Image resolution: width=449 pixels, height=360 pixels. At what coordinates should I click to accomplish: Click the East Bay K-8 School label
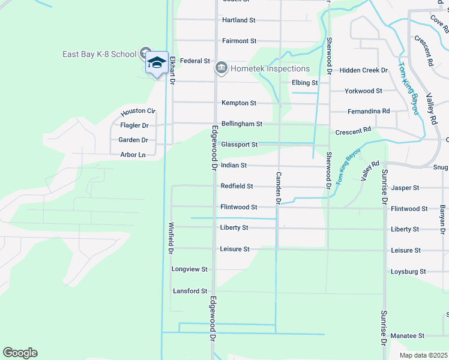pos(100,54)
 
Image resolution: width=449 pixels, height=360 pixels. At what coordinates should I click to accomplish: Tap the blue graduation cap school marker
pos(157,62)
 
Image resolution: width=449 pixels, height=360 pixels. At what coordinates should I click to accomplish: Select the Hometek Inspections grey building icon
pos(221,68)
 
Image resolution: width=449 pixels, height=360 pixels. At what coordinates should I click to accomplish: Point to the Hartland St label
pos(239,20)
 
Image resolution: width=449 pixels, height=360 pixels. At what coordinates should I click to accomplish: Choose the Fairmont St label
pos(239,41)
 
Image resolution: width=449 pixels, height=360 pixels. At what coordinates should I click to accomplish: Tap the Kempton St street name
pos(239,103)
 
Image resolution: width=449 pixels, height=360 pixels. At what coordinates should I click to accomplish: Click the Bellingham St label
pos(242,124)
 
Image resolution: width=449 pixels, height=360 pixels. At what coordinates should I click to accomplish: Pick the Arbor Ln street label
pos(133,155)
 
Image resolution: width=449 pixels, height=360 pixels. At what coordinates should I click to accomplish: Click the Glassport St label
pos(239,145)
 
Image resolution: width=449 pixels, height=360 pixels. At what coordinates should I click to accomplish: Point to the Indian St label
pos(234,165)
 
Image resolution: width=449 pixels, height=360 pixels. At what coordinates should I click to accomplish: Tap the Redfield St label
pos(237,187)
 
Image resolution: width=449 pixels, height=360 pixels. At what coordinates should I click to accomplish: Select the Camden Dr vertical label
pos(279,188)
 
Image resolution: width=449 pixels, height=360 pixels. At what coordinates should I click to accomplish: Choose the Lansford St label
pos(190,291)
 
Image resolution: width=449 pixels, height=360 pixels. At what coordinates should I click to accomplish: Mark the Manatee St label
pos(408,335)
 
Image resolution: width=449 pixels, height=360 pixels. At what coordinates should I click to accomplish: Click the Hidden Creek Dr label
pos(364,70)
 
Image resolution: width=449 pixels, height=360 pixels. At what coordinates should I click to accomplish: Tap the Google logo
pos(20,353)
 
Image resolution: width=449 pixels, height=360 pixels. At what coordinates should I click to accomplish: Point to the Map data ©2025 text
pos(423,355)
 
